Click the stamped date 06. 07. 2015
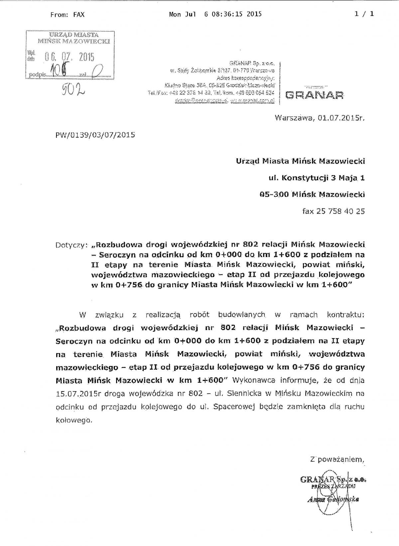(69, 57)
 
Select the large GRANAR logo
(315, 96)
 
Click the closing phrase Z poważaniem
(337, 460)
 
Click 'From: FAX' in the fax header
(67, 15)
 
